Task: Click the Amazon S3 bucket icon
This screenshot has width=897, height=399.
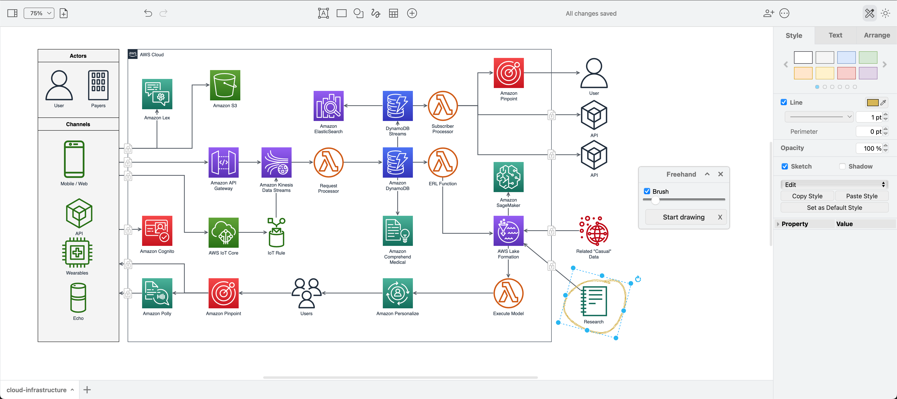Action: click(225, 85)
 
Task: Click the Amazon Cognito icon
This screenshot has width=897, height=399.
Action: click(157, 231)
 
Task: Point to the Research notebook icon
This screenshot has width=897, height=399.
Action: click(594, 301)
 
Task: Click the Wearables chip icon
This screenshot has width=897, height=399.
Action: click(77, 253)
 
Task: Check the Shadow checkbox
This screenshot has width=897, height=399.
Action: click(842, 167)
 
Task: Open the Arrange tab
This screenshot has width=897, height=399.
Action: click(876, 35)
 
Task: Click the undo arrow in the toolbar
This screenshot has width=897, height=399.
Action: click(148, 13)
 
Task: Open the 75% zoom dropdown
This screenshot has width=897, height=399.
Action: click(39, 13)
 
